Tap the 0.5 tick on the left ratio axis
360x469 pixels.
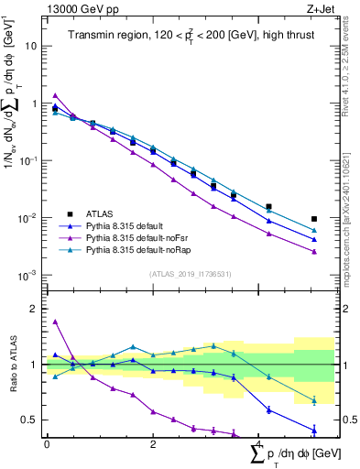point(30,420)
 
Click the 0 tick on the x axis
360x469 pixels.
point(47,443)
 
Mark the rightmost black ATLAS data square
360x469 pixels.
point(314,219)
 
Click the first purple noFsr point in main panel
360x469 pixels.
point(55,95)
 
